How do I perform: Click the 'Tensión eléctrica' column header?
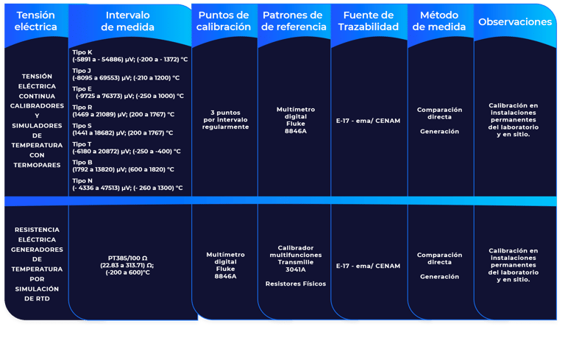[35, 21]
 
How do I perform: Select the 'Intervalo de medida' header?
[127, 21]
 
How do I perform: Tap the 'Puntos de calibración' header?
[224, 21]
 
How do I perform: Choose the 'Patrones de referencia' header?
[293, 21]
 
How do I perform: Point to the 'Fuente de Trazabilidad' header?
[367, 21]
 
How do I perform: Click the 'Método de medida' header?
[439, 21]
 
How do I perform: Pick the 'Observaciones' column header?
[515, 22]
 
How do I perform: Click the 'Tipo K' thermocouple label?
[82, 53]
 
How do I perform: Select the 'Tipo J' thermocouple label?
[82, 71]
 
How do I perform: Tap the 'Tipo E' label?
[82, 88]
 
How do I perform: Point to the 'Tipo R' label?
[82, 107]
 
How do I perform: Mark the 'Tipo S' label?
[82, 125]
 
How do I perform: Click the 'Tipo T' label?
[82, 144]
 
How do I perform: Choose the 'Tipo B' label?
[82, 162]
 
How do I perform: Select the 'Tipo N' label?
[82, 180]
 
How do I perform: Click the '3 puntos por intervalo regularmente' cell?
[225, 120]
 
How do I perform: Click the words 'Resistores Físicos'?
[295, 283]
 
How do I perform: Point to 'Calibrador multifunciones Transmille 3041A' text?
[295, 258]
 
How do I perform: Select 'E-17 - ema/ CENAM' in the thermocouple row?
[368, 120]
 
